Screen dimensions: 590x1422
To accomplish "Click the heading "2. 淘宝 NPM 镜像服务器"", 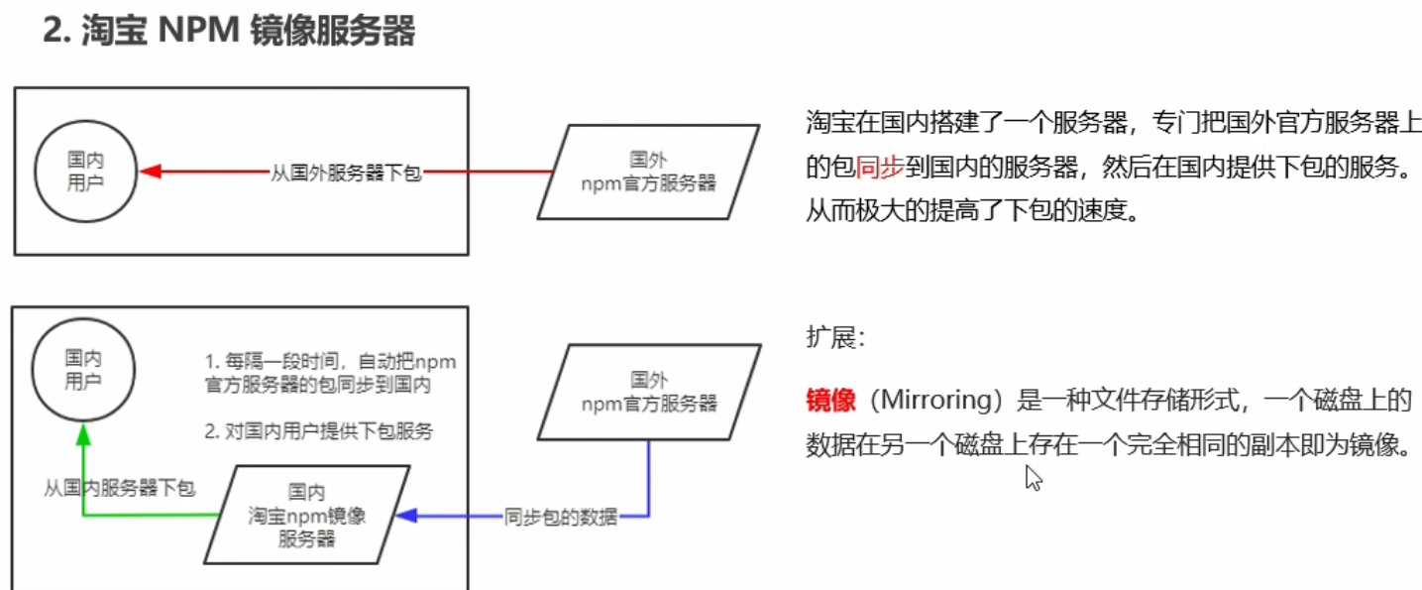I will (229, 31).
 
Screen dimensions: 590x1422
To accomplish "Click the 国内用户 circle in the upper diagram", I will (85, 171).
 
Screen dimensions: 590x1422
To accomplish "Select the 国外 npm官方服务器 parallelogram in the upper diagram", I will (648, 171).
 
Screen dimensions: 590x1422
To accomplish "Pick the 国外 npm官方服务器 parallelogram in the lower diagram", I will (649, 391).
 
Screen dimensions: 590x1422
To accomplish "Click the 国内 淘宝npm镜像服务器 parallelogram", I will (307, 515).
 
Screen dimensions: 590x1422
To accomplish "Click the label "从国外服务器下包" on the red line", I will (346, 172).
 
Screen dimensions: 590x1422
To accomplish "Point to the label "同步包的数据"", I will (560, 517).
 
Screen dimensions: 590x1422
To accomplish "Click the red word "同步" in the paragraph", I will (879, 167).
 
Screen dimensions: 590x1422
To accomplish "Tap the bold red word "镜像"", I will (830, 401).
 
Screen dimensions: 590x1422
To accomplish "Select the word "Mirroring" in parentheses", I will (951, 401).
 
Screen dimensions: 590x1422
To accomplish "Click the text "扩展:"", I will (835, 338).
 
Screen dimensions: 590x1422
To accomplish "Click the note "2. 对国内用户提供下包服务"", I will (319, 431).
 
